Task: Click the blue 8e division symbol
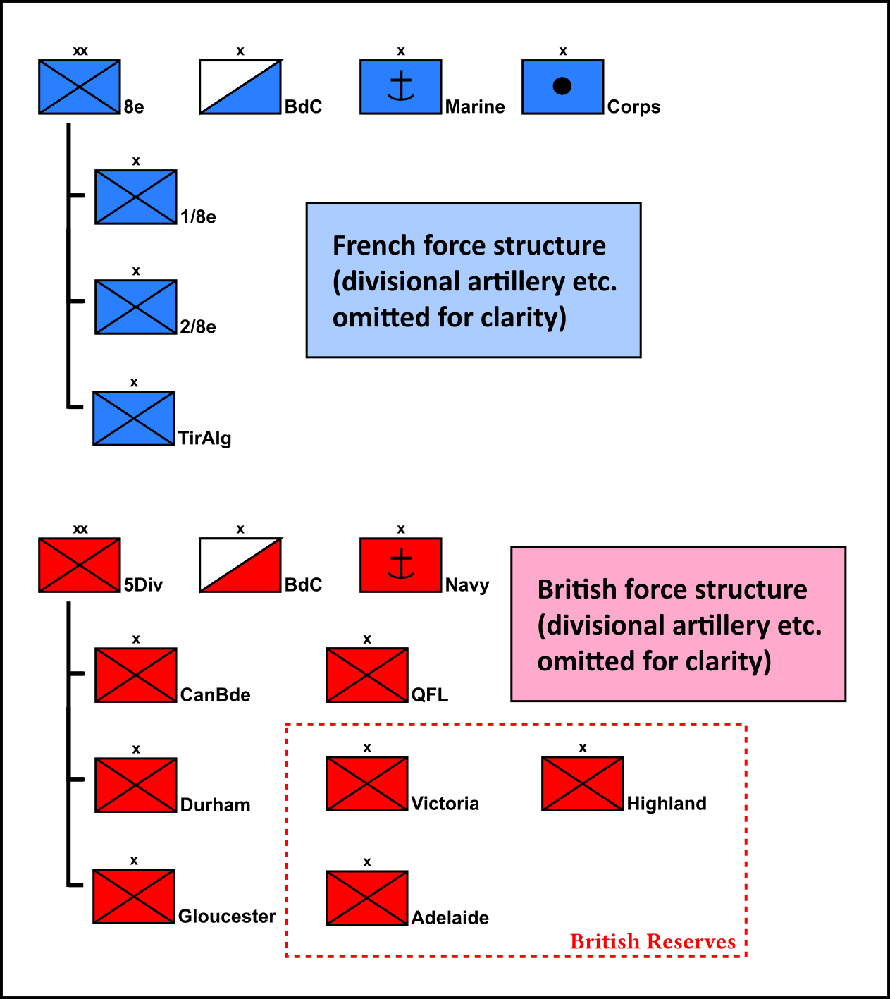click(x=80, y=87)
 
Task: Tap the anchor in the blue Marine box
click(x=401, y=86)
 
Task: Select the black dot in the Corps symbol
click(x=562, y=86)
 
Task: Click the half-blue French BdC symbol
click(x=240, y=87)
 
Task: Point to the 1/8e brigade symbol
click(x=136, y=197)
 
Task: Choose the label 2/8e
click(x=198, y=327)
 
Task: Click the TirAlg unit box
click(x=134, y=418)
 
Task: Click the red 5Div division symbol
click(x=80, y=565)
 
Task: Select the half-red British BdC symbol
click(x=240, y=565)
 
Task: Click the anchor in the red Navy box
click(x=401, y=564)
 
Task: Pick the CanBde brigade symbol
click(x=136, y=675)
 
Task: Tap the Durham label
click(x=215, y=805)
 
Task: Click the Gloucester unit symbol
click(x=134, y=896)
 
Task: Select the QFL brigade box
click(x=367, y=675)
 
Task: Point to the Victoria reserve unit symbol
click(x=367, y=783)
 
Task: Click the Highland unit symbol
click(x=583, y=783)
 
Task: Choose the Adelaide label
click(x=450, y=918)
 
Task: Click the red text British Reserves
click(x=653, y=942)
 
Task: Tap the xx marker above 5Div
click(x=80, y=529)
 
